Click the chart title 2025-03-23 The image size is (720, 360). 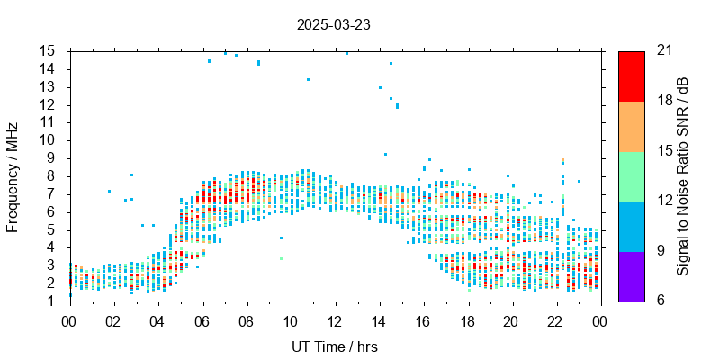(333, 25)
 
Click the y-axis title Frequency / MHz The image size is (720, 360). (13, 175)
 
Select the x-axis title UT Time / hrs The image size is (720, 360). (335, 346)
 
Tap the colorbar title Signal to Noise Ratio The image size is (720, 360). (684, 175)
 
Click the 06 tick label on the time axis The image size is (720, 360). (202, 320)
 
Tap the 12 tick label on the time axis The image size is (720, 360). (335, 320)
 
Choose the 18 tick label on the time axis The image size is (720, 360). (467, 320)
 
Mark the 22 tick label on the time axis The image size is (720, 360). (556, 320)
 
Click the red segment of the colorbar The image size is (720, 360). (631, 76)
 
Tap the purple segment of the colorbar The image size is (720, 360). (631, 275)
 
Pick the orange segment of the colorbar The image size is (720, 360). (631, 126)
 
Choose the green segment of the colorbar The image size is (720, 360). (631, 175)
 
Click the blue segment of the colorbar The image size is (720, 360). (631, 226)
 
